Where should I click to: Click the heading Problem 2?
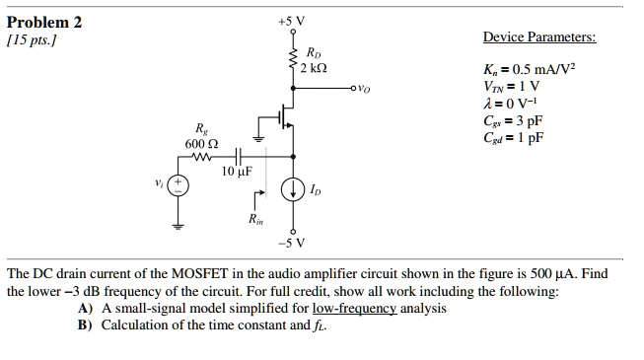tap(45, 21)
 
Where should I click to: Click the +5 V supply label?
tap(293, 18)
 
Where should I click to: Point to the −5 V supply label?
tap(293, 243)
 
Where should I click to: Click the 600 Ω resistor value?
tap(200, 144)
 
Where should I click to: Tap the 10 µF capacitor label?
tap(237, 172)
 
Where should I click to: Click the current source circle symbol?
tap(293, 188)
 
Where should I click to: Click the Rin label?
tap(254, 218)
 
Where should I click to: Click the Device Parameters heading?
tap(539, 38)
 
